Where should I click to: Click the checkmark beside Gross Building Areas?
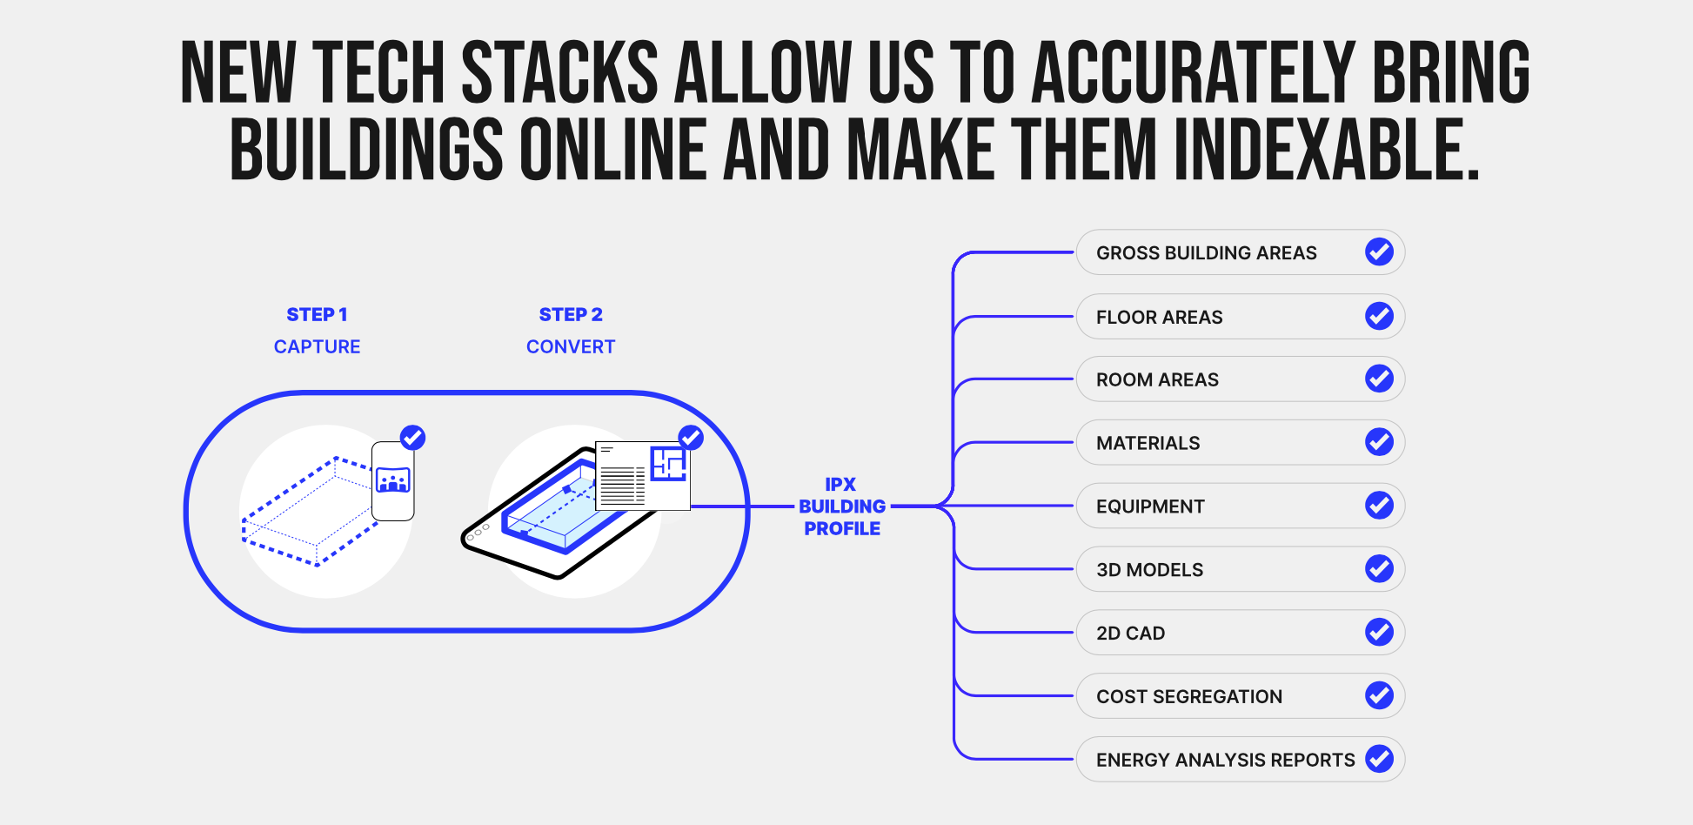tap(1379, 252)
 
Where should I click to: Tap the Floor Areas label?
tap(1159, 318)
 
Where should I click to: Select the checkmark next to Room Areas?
tap(1379, 379)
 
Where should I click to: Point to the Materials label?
tap(1148, 444)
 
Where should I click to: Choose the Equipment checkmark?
tap(1379, 506)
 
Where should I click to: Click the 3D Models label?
tap(1149, 570)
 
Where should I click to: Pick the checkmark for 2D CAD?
tap(1379, 633)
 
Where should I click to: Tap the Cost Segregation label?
tap(1188, 697)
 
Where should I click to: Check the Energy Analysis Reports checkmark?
tap(1379, 759)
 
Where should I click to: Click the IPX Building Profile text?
tap(841, 506)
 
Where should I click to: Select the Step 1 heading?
tap(317, 315)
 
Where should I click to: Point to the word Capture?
tap(317, 347)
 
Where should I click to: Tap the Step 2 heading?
tap(571, 315)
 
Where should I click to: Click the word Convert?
tap(571, 347)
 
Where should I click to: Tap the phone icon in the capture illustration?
tap(392, 481)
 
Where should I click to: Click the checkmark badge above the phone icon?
tap(412, 437)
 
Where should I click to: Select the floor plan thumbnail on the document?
tap(668, 464)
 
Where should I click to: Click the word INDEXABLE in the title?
tap(1326, 150)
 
